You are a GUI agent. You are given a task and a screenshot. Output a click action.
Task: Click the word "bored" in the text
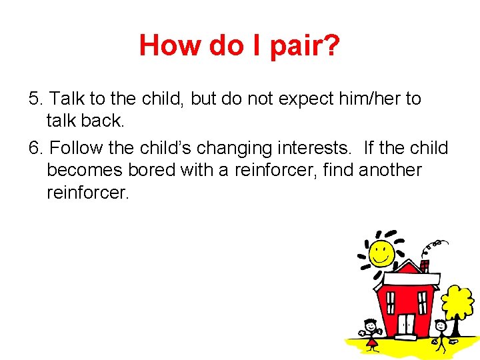(x=151, y=170)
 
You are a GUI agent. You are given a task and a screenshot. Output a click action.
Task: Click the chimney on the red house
(x=424, y=266)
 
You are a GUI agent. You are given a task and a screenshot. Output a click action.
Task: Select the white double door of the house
(x=406, y=324)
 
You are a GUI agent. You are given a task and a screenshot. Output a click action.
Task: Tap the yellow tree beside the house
(x=458, y=303)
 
